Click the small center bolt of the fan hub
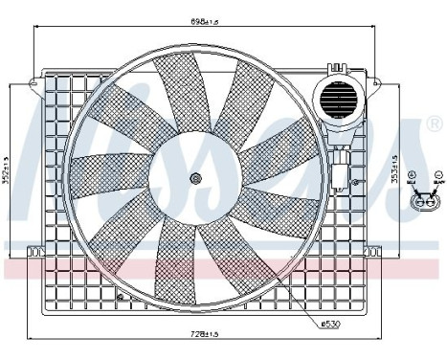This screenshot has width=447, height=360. (x=195, y=178)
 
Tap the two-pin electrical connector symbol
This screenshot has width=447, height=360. (x=425, y=202)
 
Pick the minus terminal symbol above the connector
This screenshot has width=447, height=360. (x=437, y=177)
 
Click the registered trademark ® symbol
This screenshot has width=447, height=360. (x=436, y=125)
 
